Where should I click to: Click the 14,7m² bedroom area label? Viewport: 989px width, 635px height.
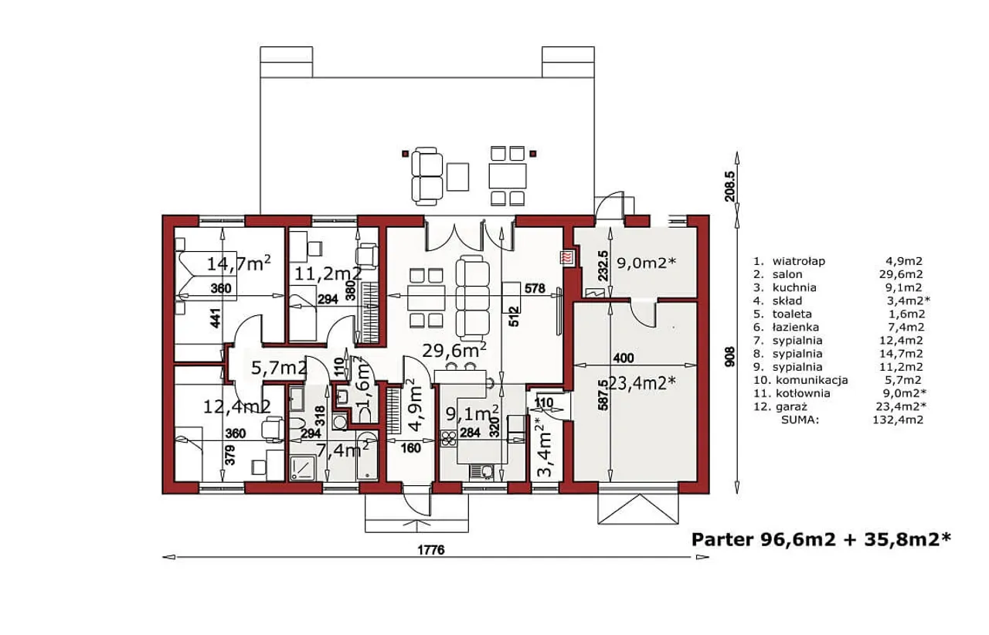point(239,263)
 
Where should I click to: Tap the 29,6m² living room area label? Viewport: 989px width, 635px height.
point(454,350)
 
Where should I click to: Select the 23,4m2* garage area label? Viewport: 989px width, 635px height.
point(642,383)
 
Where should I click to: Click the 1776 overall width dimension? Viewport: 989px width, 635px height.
point(431,550)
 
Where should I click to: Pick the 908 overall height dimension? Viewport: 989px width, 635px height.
point(730,356)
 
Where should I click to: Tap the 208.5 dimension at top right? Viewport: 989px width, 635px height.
point(730,186)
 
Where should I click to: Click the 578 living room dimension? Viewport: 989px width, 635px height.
point(535,288)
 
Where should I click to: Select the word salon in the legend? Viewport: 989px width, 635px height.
point(787,274)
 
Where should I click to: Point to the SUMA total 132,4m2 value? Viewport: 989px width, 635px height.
point(898,419)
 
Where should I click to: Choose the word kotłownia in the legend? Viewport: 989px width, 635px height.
point(803,393)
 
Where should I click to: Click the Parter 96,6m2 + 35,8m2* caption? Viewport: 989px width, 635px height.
point(821,540)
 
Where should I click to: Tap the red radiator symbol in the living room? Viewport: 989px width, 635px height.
point(566,257)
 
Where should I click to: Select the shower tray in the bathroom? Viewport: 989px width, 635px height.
point(303,468)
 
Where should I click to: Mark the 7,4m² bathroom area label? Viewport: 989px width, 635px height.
point(342,450)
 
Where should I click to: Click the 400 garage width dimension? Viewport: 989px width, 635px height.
point(624,358)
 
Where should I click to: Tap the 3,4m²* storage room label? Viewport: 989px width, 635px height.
point(545,448)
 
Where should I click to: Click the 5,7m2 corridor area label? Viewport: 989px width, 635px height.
point(279,368)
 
